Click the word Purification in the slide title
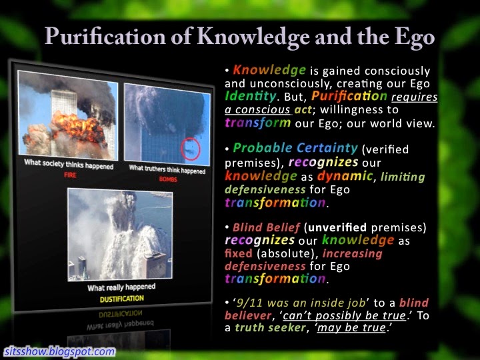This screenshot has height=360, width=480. (x=105, y=37)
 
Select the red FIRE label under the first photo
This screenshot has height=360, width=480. (x=70, y=175)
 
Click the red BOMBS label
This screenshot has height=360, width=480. (x=168, y=179)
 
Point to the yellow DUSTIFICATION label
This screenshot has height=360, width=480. (x=121, y=299)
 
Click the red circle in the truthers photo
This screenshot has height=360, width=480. (x=191, y=149)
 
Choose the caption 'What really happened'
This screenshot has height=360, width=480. (x=121, y=287)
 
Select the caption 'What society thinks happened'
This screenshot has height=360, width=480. (x=69, y=164)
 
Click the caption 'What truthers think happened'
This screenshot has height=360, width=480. (x=167, y=169)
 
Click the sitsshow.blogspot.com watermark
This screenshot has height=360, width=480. (x=60, y=351)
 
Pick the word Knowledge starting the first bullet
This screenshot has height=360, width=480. (x=269, y=70)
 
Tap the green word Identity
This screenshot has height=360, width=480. (x=251, y=96)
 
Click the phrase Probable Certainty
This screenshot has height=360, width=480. (x=295, y=148)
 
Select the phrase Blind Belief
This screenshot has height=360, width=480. (x=266, y=227)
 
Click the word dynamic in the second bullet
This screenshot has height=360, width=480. (x=345, y=176)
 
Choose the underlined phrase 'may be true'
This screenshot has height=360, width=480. (x=351, y=328)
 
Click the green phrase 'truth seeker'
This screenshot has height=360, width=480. (x=270, y=327)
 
